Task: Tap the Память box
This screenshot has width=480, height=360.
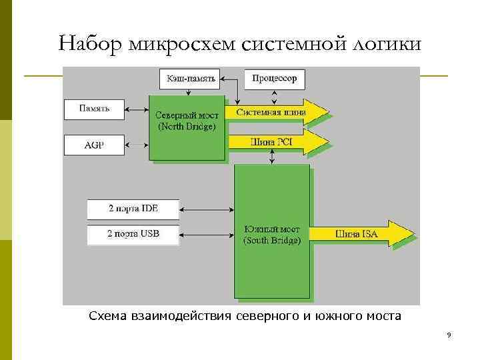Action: [x=94, y=108]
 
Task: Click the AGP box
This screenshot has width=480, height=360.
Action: [x=94, y=143]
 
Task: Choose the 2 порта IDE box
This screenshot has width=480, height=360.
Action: [x=133, y=209]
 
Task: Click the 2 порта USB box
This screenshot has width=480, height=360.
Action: [x=133, y=234]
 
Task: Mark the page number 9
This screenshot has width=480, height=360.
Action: [x=449, y=335]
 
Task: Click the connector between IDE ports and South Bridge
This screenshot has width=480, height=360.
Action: [x=207, y=209]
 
